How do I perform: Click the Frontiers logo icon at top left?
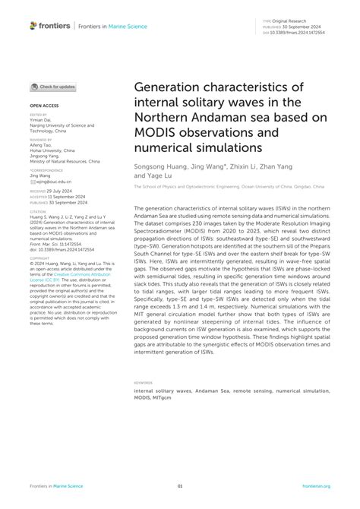pyautogui.click(x=33, y=25)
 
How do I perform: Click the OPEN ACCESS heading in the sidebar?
pyautogui.click(x=44, y=106)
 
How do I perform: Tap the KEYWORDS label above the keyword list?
pyautogui.click(x=142, y=383)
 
